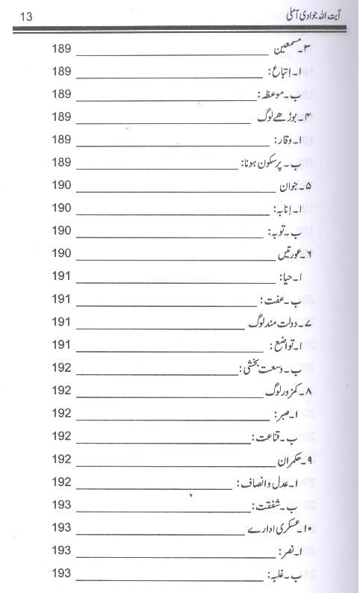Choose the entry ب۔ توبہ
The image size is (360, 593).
pyautogui.click(x=291, y=231)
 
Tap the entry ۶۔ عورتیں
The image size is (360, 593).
pyautogui.click(x=288, y=254)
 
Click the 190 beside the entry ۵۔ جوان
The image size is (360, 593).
pyautogui.click(x=61, y=185)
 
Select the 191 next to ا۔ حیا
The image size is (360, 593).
pyautogui.click(x=61, y=276)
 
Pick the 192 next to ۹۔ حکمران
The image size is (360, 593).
pyautogui.click(x=61, y=460)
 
